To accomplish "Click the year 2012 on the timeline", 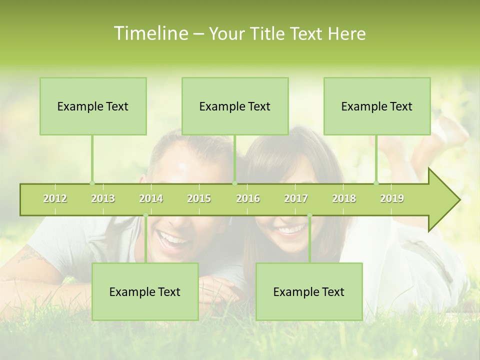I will click(55, 198).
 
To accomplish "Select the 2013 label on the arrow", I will click(103, 198).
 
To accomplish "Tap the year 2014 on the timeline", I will click(151, 198).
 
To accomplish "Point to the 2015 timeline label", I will click(199, 198).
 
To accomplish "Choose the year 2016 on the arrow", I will click(248, 198).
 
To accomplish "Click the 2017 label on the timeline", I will click(296, 198).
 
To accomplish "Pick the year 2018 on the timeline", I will click(344, 198).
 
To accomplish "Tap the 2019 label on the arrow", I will click(392, 198).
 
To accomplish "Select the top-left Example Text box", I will click(93, 106).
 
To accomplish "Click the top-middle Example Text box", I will click(235, 106).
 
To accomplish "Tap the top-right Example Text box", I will click(377, 106).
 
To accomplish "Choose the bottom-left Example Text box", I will click(145, 291).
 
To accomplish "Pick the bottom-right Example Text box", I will click(309, 291).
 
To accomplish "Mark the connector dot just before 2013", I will click(92, 183).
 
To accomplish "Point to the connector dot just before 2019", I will click(376, 183).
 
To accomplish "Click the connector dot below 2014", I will click(145, 215).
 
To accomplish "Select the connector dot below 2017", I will click(309, 215).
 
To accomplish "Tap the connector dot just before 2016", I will click(235, 183).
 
